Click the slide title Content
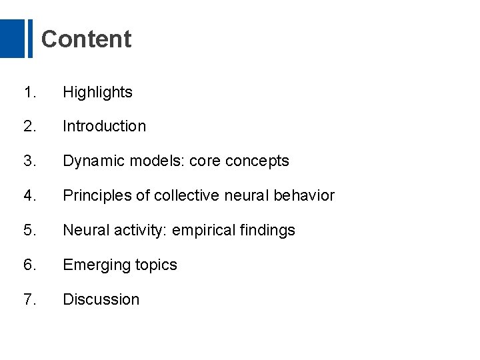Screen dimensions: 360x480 click(x=86, y=39)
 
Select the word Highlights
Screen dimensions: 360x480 click(x=97, y=93)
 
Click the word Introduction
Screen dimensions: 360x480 click(x=104, y=126)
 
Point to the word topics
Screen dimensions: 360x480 click(x=155, y=265)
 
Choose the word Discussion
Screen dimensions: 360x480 click(x=101, y=299)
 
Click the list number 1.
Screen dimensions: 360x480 click(x=29, y=93)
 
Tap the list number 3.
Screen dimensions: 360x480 click(x=29, y=161)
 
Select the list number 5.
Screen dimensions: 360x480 click(x=29, y=231)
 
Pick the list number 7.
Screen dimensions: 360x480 click(x=29, y=299)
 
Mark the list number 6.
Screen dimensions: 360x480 click(x=29, y=265)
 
